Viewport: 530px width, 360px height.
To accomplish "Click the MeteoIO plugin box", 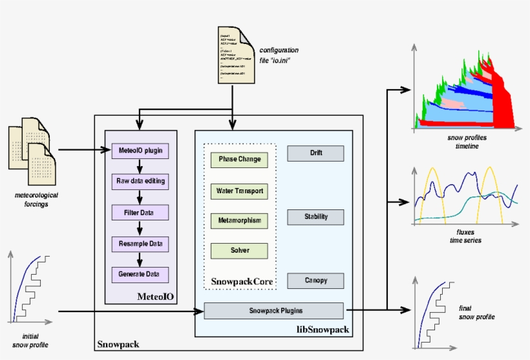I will click(140, 151).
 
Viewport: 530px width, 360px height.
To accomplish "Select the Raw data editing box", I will click(140, 181).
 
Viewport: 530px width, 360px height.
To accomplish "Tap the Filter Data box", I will click(140, 212).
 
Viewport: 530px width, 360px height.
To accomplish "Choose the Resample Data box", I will click(140, 244).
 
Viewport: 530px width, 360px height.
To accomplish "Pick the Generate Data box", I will click(140, 274).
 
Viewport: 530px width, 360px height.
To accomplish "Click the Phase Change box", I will click(239, 160).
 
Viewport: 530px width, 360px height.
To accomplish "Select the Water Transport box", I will click(239, 191).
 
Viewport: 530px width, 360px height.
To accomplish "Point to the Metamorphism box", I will click(239, 220).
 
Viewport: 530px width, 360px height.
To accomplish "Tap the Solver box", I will click(239, 250).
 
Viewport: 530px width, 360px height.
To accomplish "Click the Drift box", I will click(315, 153).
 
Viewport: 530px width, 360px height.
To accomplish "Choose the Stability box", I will click(315, 217).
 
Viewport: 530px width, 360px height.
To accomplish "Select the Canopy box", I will click(315, 281).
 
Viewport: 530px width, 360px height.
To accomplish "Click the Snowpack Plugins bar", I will click(274, 311).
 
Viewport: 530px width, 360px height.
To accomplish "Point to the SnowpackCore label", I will click(239, 282).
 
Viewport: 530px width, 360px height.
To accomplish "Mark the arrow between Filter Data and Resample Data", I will click(140, 228).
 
